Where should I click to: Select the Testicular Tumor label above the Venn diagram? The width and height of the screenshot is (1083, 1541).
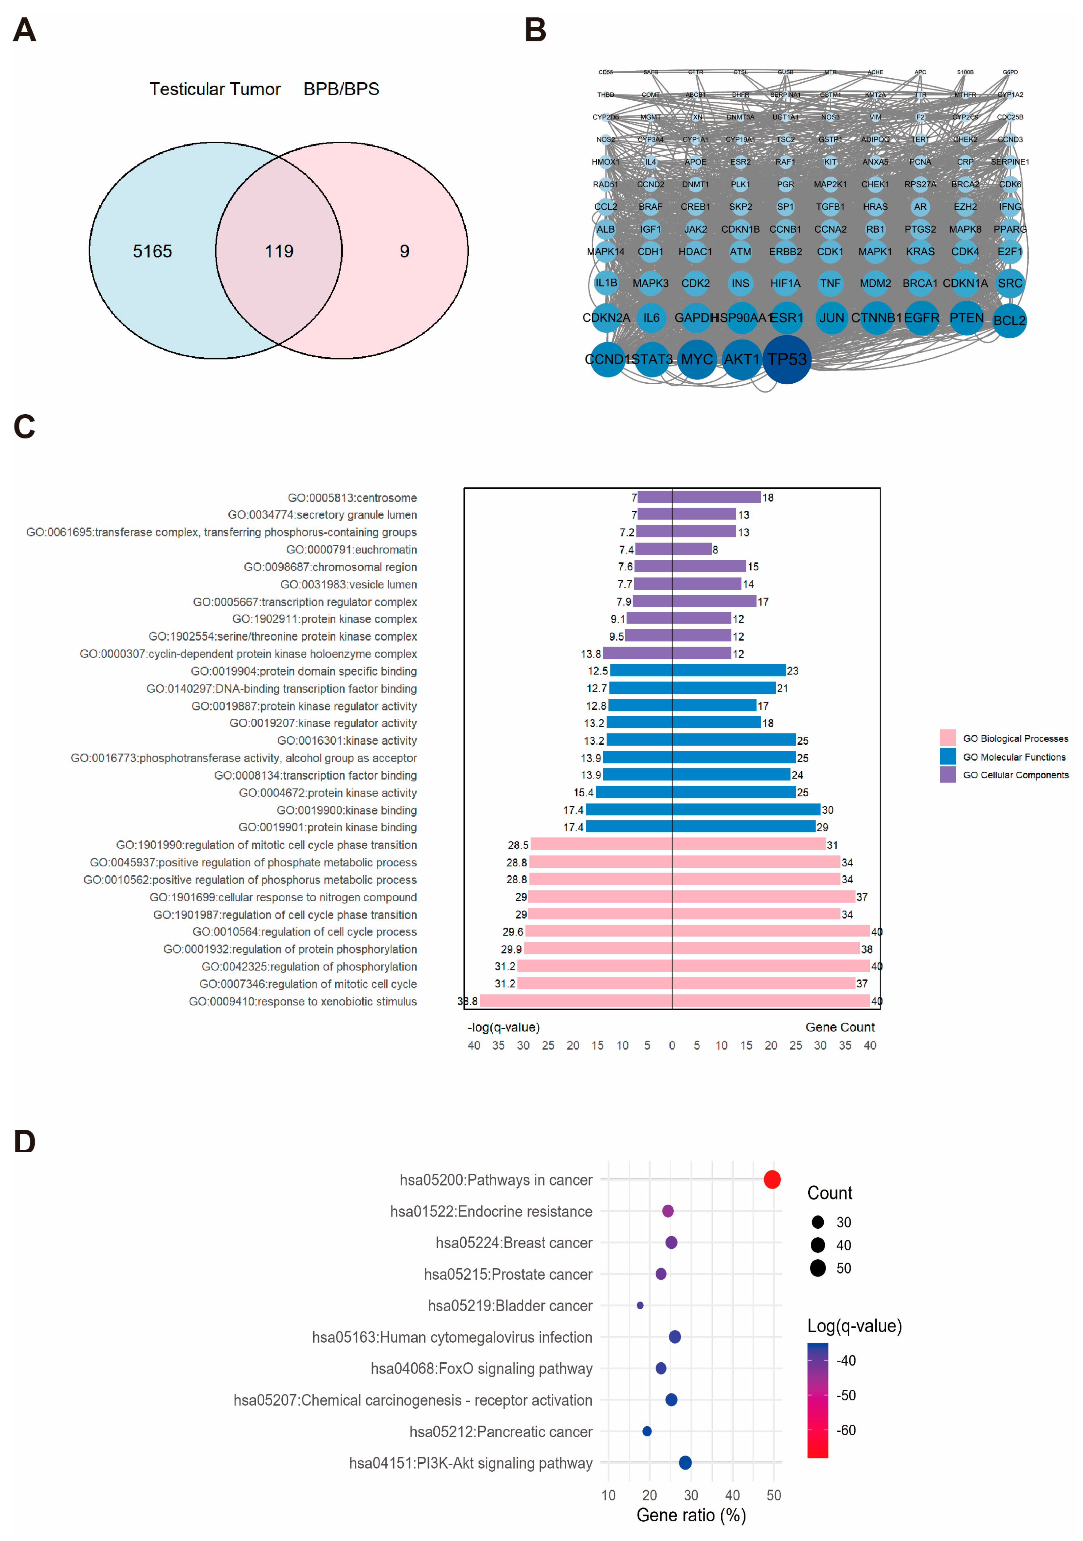[215, 89]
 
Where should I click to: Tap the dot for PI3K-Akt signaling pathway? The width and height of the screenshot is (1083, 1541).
[685, 1462]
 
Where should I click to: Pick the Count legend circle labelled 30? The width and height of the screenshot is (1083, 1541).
[817, 1222]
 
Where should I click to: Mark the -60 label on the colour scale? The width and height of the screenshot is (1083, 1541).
[846, 1430]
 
